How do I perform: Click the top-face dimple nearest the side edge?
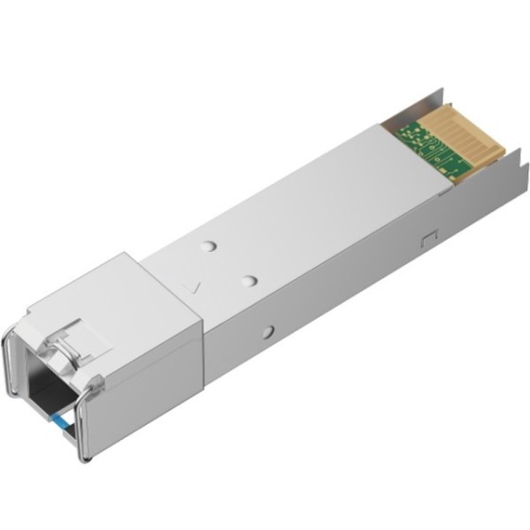coord(250,280)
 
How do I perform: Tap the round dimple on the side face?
coord(269,331)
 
